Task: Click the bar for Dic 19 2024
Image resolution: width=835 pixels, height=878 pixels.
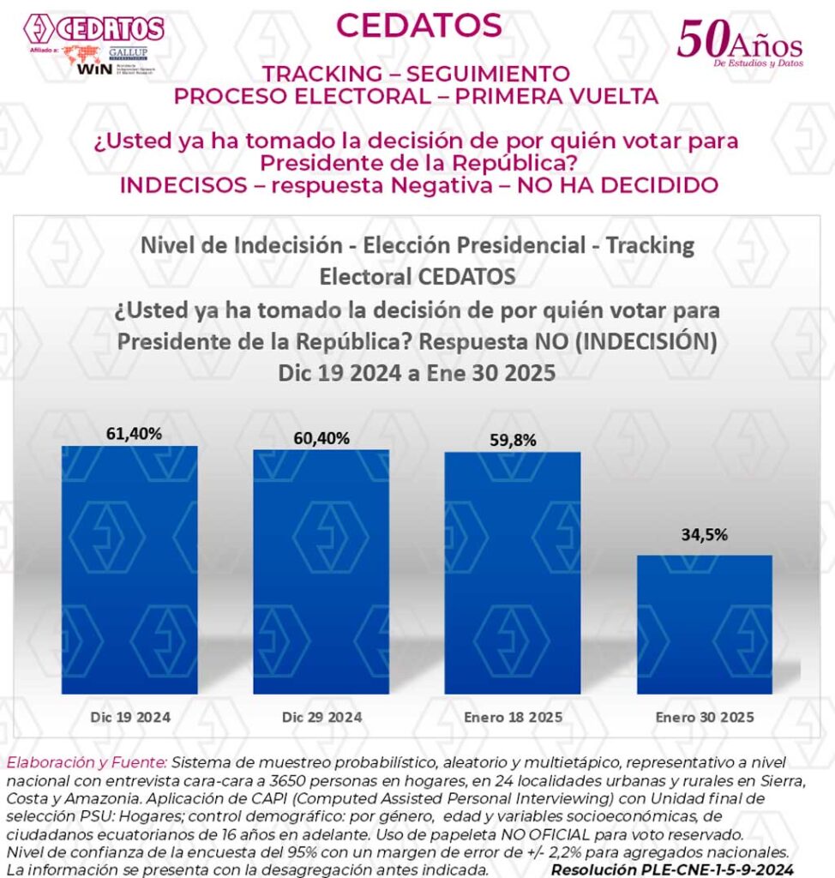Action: tap(129, 569)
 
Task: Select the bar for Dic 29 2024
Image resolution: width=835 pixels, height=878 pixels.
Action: tap(321, 571)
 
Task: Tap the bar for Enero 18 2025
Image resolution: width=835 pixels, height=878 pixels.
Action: tap(512, 572)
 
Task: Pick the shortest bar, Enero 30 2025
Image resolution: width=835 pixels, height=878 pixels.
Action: tap(703, 624)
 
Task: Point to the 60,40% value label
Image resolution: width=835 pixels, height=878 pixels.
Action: tap(321, 438)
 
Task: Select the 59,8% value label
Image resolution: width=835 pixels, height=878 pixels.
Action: tap(512, 441)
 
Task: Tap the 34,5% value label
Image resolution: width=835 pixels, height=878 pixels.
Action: tap(704, 535)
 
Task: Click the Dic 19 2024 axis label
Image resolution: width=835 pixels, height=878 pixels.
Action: tap(129, 717)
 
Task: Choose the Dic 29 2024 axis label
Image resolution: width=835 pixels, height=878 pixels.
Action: tap(321, 717)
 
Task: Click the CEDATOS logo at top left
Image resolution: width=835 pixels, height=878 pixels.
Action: tap(93, 27)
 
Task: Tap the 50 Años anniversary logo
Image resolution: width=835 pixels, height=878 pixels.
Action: tap(740, 41)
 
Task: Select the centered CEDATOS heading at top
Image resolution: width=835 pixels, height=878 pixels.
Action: tap(418, 26)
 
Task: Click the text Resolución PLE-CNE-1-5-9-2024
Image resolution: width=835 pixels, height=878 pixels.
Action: tap(672, 869)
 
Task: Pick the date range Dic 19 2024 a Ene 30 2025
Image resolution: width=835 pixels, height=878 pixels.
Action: tap(417, 375)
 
